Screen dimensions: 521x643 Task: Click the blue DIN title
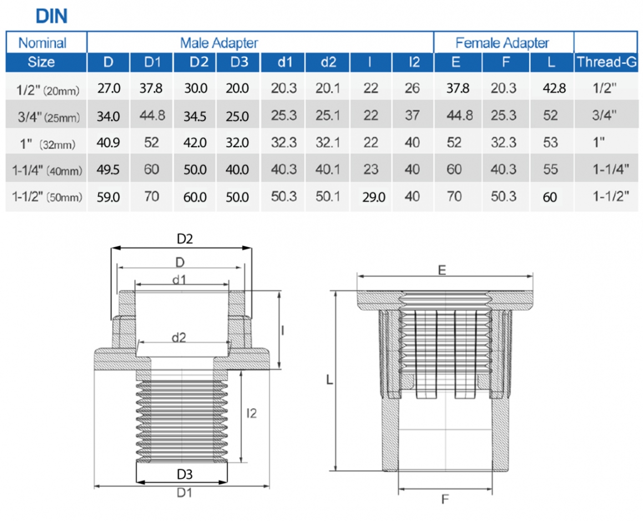(x=52, y=16)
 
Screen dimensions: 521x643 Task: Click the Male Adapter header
(x=219, y=42)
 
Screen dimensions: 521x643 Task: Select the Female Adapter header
(x=502, y=42)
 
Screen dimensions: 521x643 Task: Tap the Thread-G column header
(x=606, y=62)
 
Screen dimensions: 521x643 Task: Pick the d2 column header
(x=328, y=62)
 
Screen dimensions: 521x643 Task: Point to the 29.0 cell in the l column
(x=373, y=197)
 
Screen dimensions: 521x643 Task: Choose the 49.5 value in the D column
(x=108, y=170)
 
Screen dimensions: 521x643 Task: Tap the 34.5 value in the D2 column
(x=195, y=116)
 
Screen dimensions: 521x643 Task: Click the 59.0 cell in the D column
(x=108, y=197)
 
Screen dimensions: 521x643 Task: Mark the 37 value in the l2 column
(x=412, y=116)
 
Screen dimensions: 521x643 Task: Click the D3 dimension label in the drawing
(x=184, y=475)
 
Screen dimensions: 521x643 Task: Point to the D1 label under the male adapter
(x=184, y=493)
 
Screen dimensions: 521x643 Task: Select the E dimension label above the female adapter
(x=442, y=270)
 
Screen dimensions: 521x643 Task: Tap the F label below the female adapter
(x=444, y=499)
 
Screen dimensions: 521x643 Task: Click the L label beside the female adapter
(x=329, y=380)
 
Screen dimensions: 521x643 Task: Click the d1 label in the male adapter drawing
(x=179, y=280)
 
